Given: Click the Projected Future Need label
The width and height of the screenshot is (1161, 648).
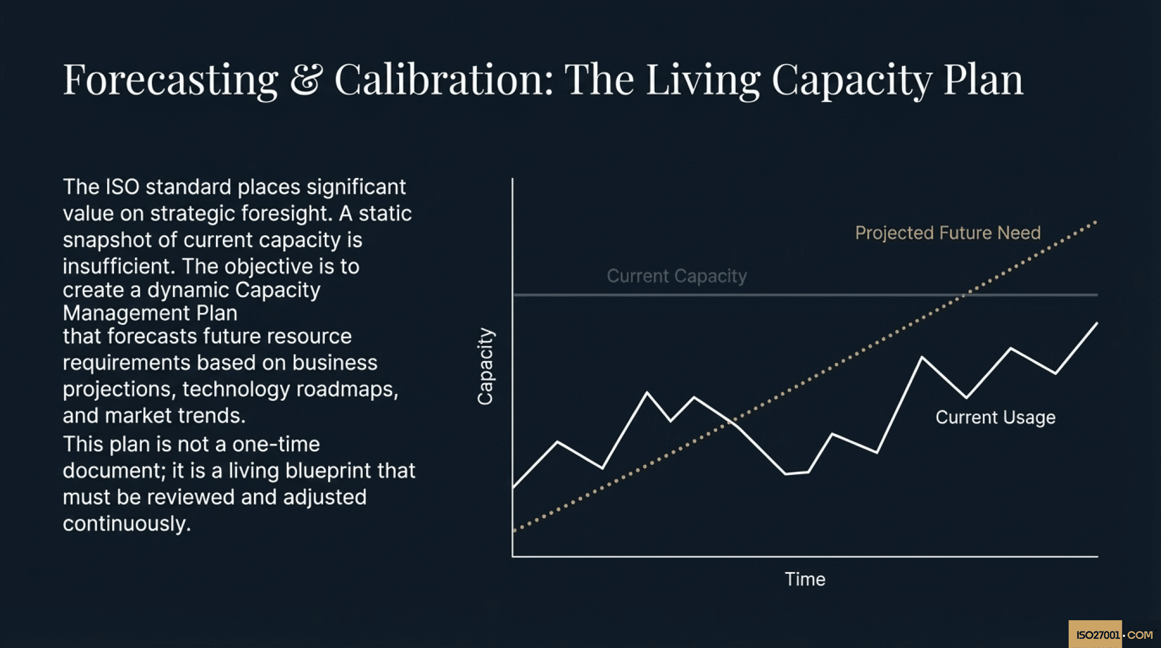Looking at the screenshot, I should [x=947, y=233].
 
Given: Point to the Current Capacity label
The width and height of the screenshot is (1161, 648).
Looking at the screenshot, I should [x=676, y=276].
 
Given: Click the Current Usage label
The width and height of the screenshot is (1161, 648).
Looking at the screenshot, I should [x=995, y=417].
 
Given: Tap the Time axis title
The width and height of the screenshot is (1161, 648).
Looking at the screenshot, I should [x=804, y=579].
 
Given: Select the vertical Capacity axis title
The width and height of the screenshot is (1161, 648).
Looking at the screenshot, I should [x=485, y=366].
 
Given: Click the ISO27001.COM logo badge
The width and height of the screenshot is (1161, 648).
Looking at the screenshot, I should [x=1113, y=634].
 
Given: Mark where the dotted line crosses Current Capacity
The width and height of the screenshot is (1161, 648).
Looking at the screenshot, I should [x=963, y=295].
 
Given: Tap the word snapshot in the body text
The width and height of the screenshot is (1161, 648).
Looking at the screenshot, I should [x=107, y=240].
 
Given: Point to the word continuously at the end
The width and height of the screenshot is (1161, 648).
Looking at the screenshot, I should [x=126, y=524].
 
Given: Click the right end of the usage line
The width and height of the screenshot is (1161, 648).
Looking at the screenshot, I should [x=1096, y=324].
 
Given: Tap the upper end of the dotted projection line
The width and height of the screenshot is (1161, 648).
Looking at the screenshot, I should [x=1095, y=222].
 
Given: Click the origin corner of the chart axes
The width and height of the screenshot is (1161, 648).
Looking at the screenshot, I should [x=512, y=557].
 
